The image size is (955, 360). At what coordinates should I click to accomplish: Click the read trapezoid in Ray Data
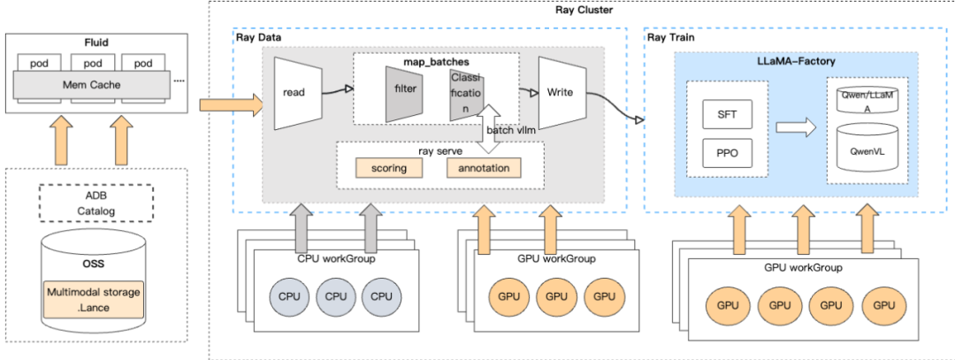[x=294, y=91]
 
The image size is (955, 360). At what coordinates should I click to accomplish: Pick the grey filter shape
[x=401, y=92]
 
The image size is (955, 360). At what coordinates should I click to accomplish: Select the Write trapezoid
[x=561, y=91]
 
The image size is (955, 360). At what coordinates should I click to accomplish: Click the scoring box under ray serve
[x=389, y=167]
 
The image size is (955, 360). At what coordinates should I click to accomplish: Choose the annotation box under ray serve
[x=484, y=167]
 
